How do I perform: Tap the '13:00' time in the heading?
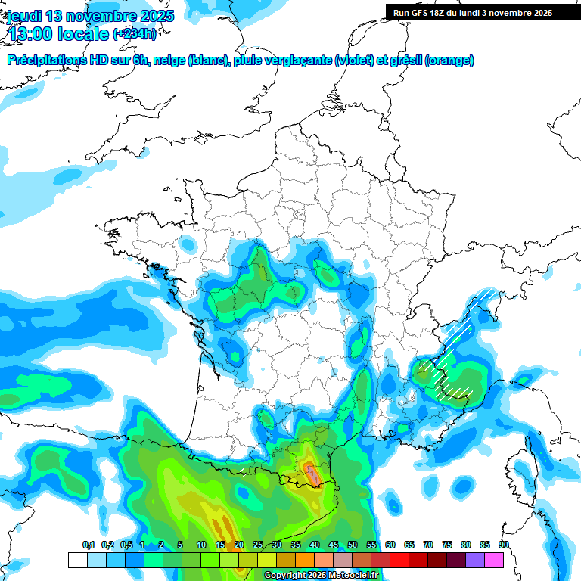tap(30, 33)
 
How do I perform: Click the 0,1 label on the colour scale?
tap(89, 545)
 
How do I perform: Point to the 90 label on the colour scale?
tap(504, 545)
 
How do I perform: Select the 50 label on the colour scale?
tap(353, 545)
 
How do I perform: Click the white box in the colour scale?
tap(78, 560)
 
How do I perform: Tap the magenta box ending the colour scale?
tap(494, 560)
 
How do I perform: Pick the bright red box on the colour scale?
tap(399, 560)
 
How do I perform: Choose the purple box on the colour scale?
tap(475, 560)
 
